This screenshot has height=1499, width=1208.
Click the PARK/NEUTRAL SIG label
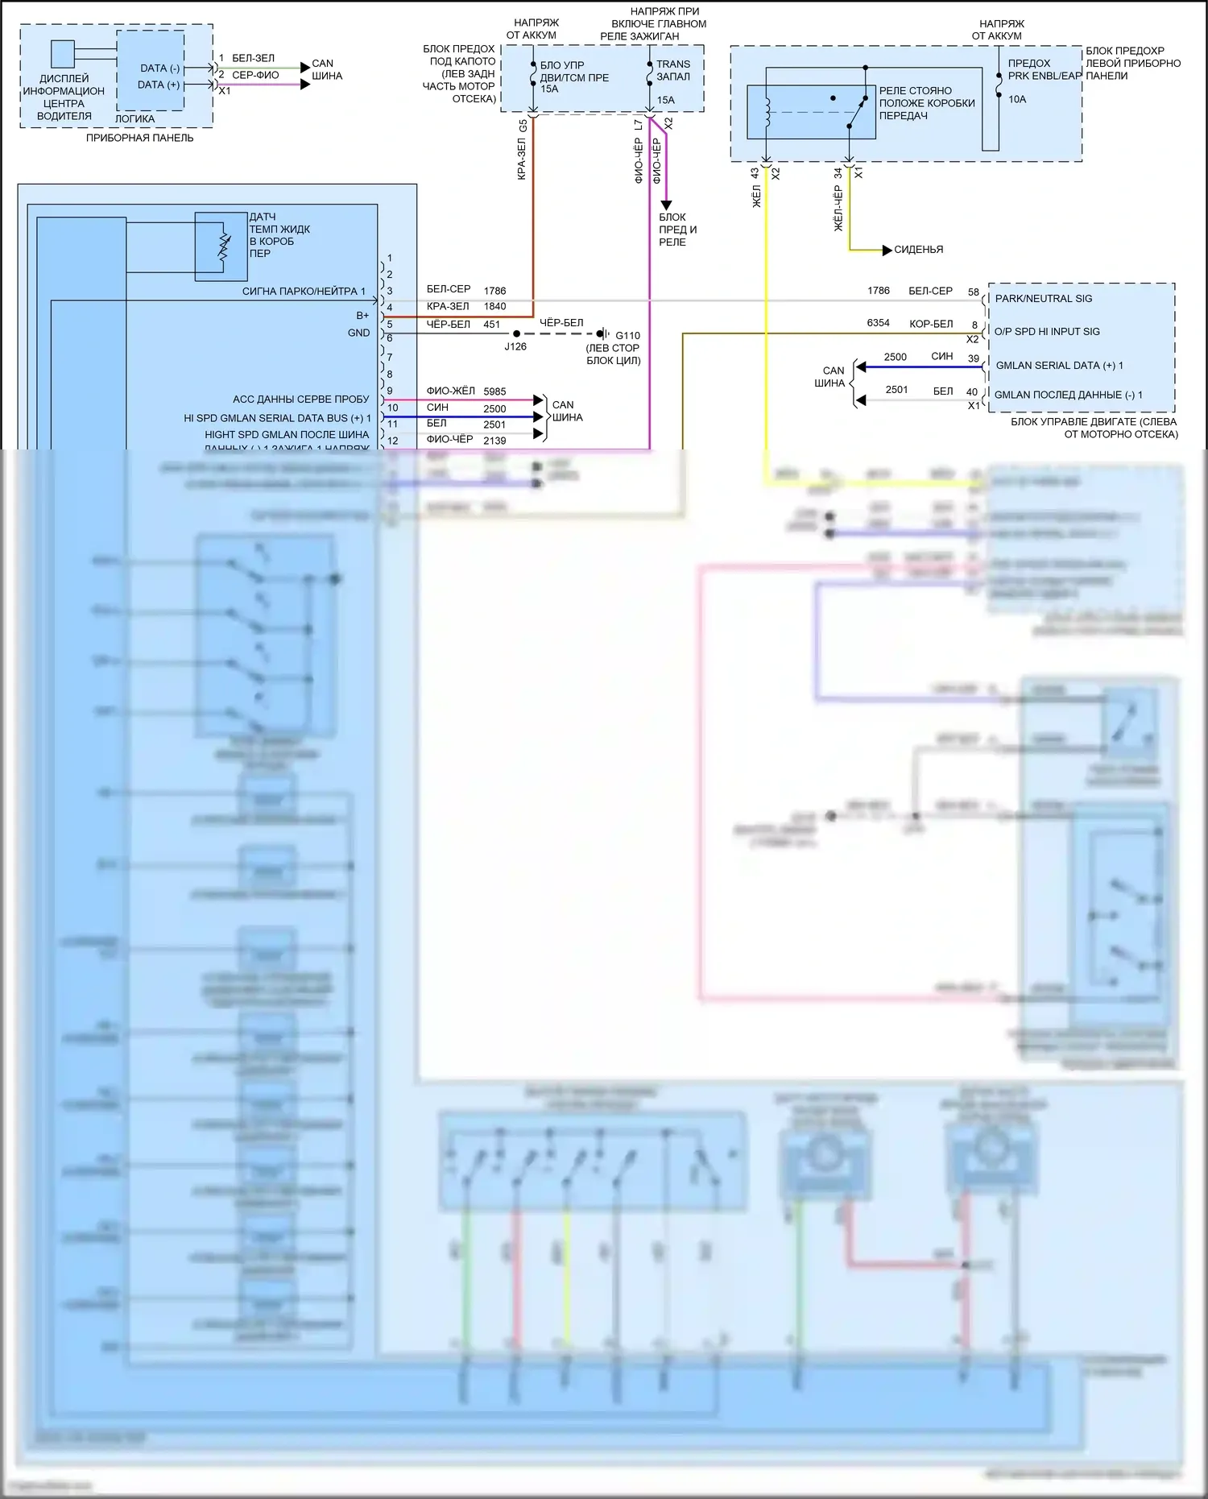pos(1043,299)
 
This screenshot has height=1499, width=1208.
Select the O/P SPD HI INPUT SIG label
pos(1046,332)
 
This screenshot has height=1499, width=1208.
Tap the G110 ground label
pos(627,335)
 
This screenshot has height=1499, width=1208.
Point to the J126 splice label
pos(515,346)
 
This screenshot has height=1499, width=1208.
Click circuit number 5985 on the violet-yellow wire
pos(494,391)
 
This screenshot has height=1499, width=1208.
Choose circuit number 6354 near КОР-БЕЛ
pos(878,323)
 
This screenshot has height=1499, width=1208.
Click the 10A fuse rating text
pos(1017,99)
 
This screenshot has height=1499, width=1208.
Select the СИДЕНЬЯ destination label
pos(918,250)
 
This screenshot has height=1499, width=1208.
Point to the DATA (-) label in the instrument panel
pos(159,68)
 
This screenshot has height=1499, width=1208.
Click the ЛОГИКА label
pos(134,118)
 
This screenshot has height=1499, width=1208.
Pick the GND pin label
pos(358,333)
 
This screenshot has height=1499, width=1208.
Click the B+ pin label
pos(362,316)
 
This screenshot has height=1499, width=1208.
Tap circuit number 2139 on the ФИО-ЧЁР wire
pos(494,441)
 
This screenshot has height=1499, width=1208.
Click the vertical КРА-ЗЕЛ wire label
pos(522,159)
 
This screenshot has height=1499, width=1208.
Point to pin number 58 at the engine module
pos(974,292)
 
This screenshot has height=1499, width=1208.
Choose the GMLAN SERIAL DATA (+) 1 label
pos(1059,366)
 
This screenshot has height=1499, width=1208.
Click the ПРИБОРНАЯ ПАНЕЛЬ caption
pos(140,138)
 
